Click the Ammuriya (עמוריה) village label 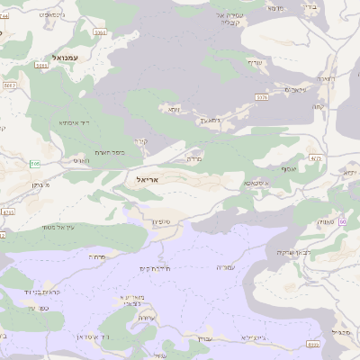click(x=226, y=267)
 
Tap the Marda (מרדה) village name click(x=193, y=158)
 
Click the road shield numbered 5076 click(x=262, y=96)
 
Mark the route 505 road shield click(x=35, y=163)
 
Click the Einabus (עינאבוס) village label click(x=292, y=89)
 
